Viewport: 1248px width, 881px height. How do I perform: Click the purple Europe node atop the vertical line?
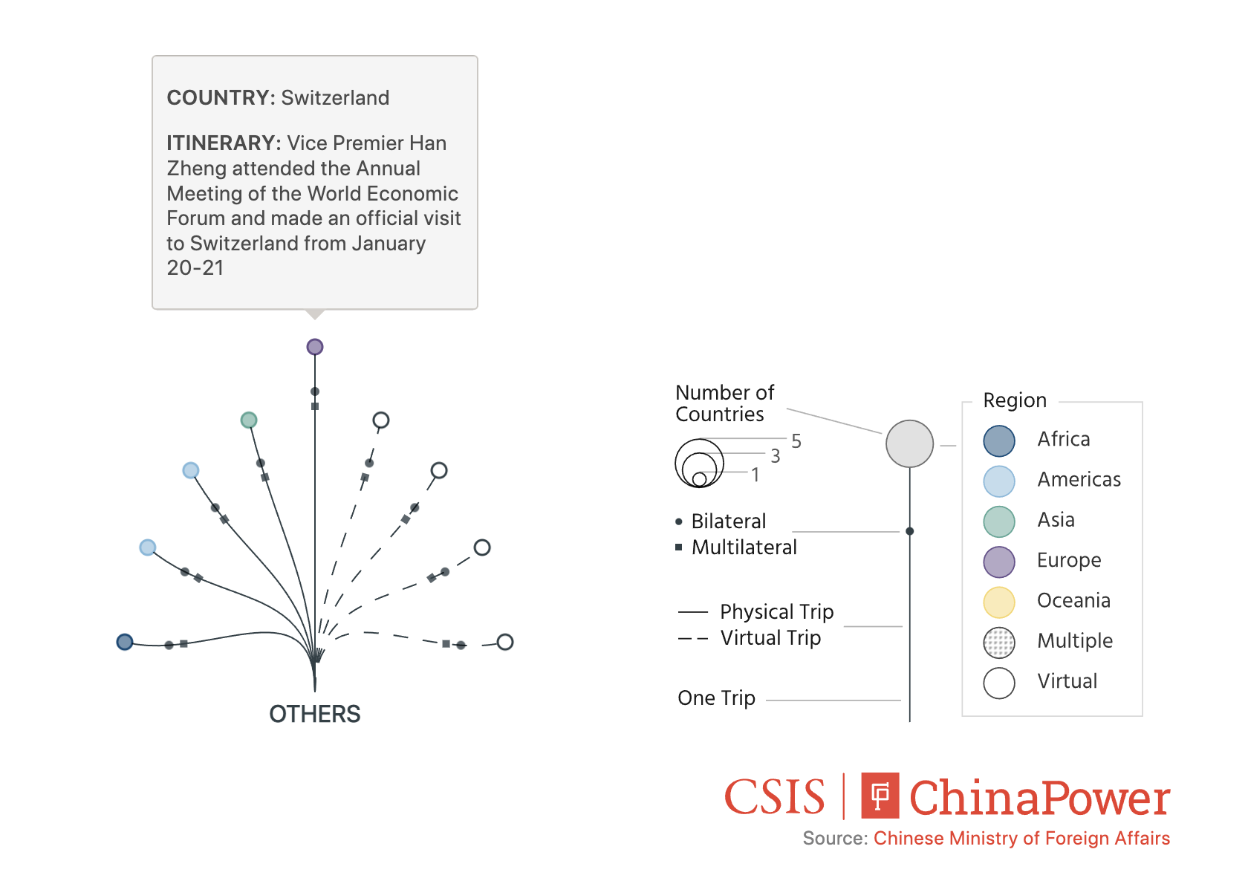click(x=315, y=347)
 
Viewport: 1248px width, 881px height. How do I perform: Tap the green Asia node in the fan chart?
click(x=249, y=420)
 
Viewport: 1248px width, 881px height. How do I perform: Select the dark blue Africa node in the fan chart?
click(x=125, y=642)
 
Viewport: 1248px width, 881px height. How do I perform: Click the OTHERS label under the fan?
click(x=315, y=714)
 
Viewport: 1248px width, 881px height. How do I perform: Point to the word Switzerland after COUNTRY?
click(x=335, y=98)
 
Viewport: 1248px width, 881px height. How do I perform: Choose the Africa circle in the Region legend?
click(x=999, y=441)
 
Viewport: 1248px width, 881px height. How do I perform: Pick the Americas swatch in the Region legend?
click(x=999, y=481)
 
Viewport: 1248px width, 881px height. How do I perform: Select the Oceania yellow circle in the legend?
click(x=999, y=602)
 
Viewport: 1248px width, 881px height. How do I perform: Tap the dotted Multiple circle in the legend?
click(x=999, y=643)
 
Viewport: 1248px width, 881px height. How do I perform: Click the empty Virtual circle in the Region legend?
click(x=999, y=683)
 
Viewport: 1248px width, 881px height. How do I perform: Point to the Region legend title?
click(x=1015, y=400)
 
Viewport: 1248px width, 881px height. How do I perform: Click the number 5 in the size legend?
click(x=796, y=441)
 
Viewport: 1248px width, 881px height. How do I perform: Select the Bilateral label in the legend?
click(x=729, y=521)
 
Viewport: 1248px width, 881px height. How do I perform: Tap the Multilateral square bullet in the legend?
click(x=679, y=547)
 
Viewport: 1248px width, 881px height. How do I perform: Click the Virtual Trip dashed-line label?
click(x=770, y=638)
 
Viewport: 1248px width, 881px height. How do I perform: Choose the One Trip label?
click(x=716, y=698)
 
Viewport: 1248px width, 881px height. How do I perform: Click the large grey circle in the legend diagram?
click(x=909, y=444)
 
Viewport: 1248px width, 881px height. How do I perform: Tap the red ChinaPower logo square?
click(x=880, y=796)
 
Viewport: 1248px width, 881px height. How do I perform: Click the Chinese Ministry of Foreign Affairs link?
click(x=1021, y=839)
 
